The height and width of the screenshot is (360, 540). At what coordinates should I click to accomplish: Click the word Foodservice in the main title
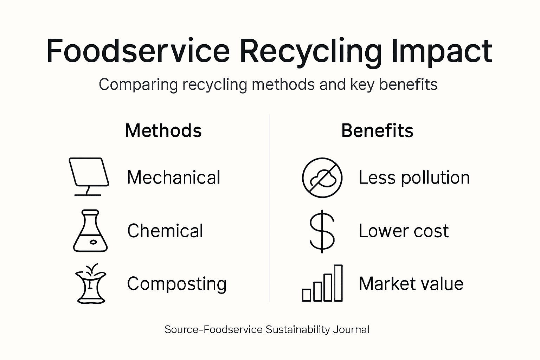(138, 51)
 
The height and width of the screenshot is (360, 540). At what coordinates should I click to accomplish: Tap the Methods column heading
(163, 130)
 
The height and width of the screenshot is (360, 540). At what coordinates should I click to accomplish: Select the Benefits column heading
(377, 130)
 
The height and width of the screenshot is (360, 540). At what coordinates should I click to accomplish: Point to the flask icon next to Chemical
(90, 231)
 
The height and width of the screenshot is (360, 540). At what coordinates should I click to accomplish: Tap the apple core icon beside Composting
(91, 284)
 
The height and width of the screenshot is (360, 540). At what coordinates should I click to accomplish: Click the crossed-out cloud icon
(322, 178)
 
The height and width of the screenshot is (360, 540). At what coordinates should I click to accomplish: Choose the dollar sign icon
(322, 231)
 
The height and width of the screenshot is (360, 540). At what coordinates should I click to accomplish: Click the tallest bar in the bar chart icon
(338, 283)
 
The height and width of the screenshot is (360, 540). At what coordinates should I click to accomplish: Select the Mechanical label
(174, 177)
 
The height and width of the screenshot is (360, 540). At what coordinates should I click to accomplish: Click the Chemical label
(165, 231)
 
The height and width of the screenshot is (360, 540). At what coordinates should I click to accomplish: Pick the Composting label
(176, 284)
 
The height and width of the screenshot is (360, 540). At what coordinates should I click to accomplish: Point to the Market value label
(411, 284)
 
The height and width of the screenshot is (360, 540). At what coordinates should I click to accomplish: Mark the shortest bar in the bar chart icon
(307, 295)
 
